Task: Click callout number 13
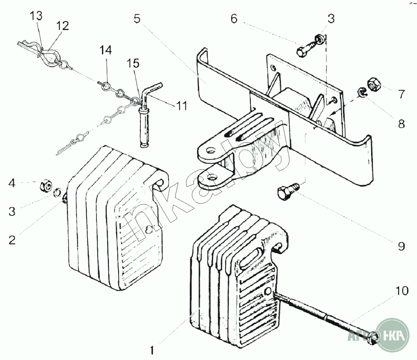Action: click(x=36, y=16)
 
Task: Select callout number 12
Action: click(x=63, y=26)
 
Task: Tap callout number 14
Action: click(x=105, y=50)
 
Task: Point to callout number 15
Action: click(x=133, y=64)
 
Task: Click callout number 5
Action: click(x=137, y=19)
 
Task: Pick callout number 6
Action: click(x=234, y=19)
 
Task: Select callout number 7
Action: click(x=402, y=94)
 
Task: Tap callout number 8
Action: click(x=402, y=124)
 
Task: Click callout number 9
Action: click(x=402, y=246)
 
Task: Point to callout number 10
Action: click(x=402, y=290)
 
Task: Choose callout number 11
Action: click(x=182, y=106)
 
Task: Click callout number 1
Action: click(x=152, y=350)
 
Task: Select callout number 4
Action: click(x=12, y=183)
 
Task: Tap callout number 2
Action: click(x=12, y=240)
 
